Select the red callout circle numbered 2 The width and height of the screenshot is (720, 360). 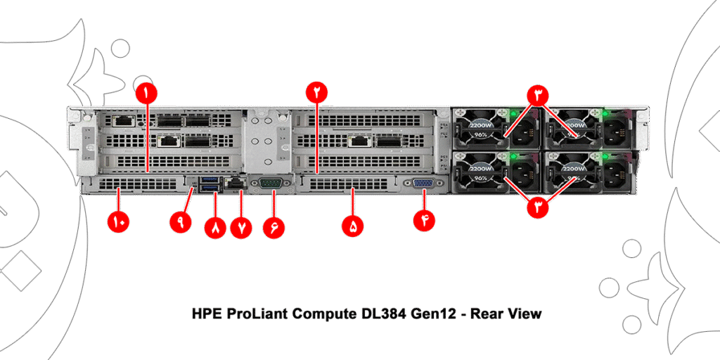click(316, 92)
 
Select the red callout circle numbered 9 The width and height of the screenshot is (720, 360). click(181, 221)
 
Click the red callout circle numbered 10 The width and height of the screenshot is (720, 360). click(117, 221)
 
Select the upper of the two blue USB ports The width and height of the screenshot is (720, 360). click(210, 180)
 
